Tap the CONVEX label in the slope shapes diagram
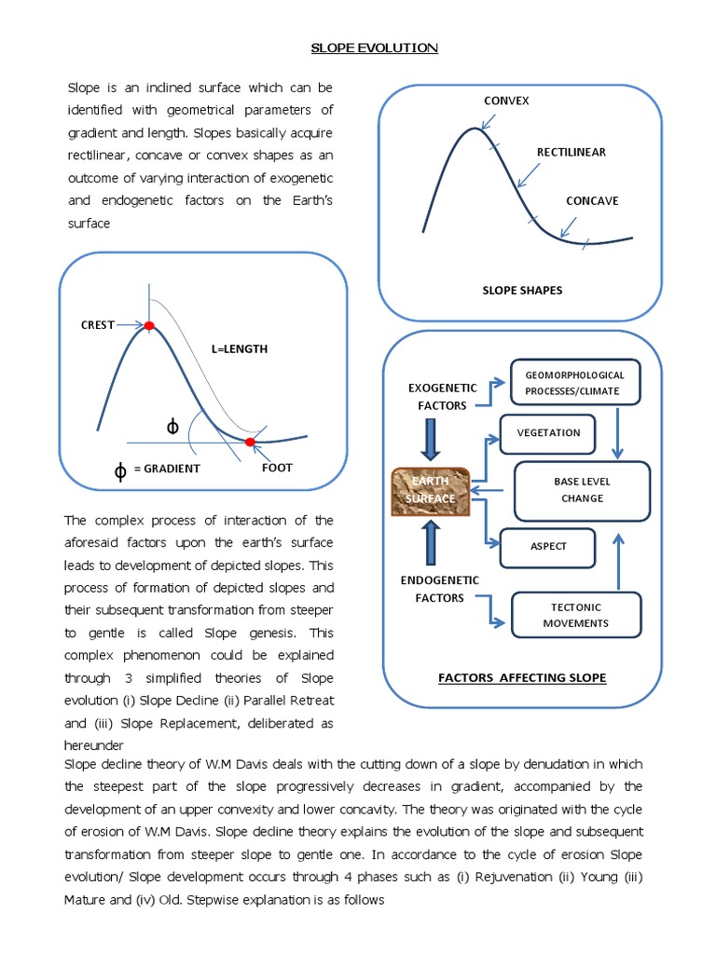[506, 101]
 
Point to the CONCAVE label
[591, 200]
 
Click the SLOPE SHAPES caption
[521, 290]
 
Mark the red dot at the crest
[147, 325]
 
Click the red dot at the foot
[250, 442]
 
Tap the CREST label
[97, 325]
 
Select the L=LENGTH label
[239, 348]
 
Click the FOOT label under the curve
[277, 468]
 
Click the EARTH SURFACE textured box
[431, 490]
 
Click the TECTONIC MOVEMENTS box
[575, 615]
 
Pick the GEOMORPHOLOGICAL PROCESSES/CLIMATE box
[575, 383]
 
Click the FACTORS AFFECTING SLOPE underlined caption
[521, 677]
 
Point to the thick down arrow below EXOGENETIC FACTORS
[430, 441]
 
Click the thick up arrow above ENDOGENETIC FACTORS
[430, 541]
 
